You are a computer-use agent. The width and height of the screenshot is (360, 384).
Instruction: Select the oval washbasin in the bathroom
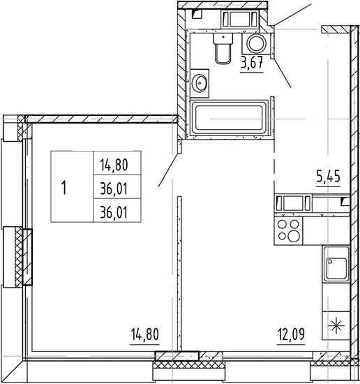click(x=201, y=84)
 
